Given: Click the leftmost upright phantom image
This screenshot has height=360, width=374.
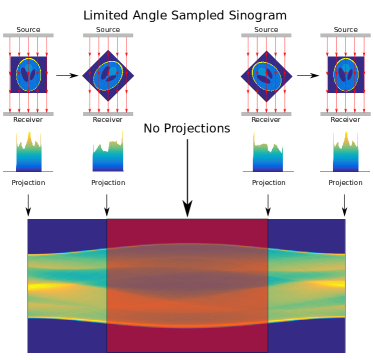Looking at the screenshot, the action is [x=28, y=74].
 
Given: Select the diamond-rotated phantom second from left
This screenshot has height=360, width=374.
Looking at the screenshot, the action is [x=108, y=76].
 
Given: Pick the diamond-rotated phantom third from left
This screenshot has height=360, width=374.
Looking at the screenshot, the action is [x=266, y=76].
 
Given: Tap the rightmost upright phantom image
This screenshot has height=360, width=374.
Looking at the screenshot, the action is [x=345, y=74].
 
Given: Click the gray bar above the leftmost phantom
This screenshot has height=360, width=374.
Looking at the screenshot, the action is [x=28, y=35].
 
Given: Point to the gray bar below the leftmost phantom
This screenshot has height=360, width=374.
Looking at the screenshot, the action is [x=28, y=113].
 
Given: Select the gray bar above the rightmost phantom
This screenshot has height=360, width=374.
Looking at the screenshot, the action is [x=345, y=35].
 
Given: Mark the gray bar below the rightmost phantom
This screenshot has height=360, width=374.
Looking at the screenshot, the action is [x=345, y=113].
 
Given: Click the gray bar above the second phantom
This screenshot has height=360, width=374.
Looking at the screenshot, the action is [x=108, y=35].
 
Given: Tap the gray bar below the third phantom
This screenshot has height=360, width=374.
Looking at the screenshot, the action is [x=266, y=113].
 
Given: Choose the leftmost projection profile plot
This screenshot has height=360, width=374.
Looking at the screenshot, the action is [x=28, y=151].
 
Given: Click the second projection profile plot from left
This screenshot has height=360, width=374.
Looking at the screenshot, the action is [x=108, y=152].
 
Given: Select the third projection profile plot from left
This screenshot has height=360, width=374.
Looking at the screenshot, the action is [x=267, y=151].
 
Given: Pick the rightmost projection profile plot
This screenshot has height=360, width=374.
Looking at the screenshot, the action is [x=344, y=150].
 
